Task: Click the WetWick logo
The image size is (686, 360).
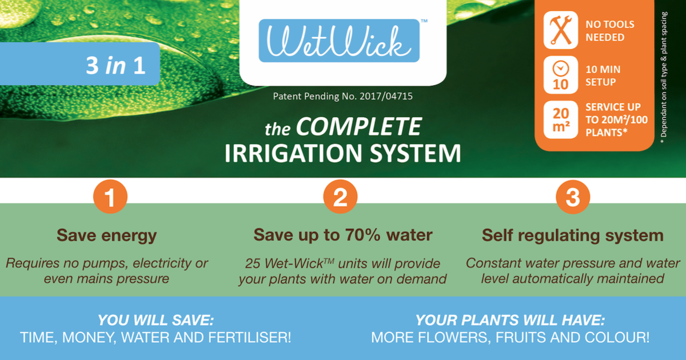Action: coord(339,41)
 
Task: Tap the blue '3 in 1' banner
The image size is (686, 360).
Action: coord(80,64)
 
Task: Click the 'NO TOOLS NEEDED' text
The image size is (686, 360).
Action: coord(609,31)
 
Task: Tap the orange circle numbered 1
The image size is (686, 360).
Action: coord(110,198)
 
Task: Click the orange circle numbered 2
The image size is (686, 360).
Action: coord(340,198)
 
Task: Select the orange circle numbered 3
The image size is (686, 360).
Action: coord(572,198)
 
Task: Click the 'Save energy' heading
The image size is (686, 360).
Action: coord(106,235)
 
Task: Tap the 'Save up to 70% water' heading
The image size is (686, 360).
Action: coord(343,235)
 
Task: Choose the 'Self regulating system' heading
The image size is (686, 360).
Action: coord(572,235)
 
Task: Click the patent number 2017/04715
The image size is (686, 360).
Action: coord(386,97)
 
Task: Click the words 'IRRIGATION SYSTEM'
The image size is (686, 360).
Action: coord(342,153)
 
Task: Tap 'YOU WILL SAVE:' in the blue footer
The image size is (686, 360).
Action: coord(155,320)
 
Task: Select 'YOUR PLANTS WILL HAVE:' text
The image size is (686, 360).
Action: coord(510,320)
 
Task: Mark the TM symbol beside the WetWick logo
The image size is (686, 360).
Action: coord(424,21)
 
